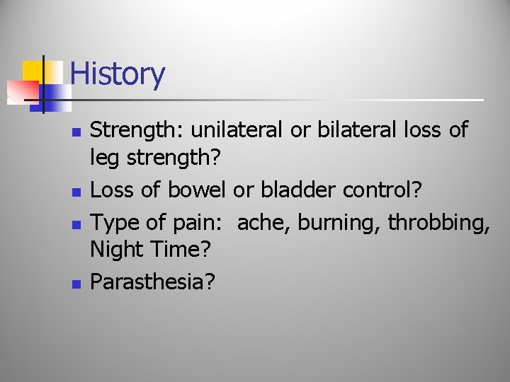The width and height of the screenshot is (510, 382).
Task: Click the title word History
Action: click(x=118, y=74)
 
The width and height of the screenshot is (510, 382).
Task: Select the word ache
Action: click(x=263, y=222)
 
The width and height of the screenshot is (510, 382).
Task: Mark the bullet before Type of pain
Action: click(x=77, y=224)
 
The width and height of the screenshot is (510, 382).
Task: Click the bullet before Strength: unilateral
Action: click(x=77, y=132)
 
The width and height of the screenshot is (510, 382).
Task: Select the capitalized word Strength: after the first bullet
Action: click(x=137, y=130)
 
